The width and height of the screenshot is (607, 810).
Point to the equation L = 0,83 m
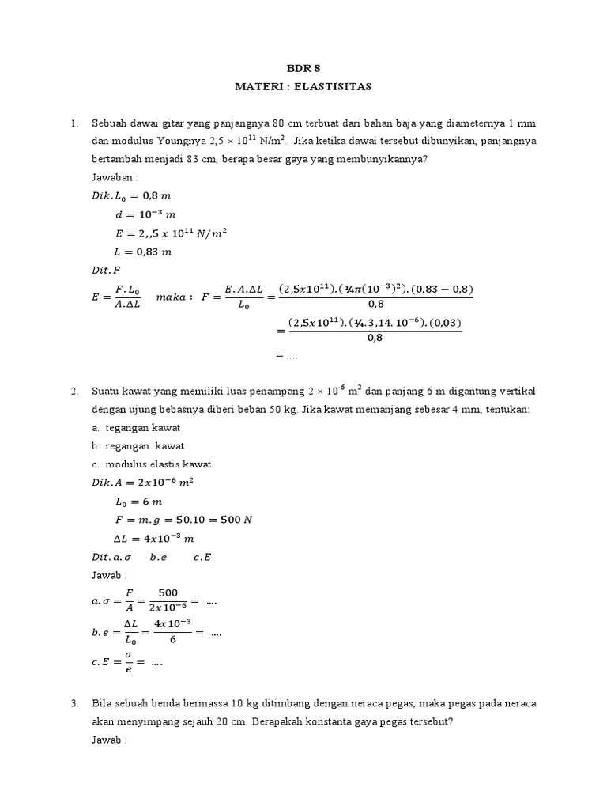point(143,252)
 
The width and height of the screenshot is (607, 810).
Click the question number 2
point(74,392)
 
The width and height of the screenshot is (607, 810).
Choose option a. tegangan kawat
point(136,428)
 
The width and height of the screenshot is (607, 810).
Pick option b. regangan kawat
point(138,446)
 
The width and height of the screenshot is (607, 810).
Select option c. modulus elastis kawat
point(151,464)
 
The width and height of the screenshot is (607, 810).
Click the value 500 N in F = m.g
point(236,520)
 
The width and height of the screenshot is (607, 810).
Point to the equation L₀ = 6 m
point(139,502)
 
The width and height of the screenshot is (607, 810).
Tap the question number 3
point(74,703)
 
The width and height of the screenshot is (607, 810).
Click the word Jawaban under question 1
point(113,178)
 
